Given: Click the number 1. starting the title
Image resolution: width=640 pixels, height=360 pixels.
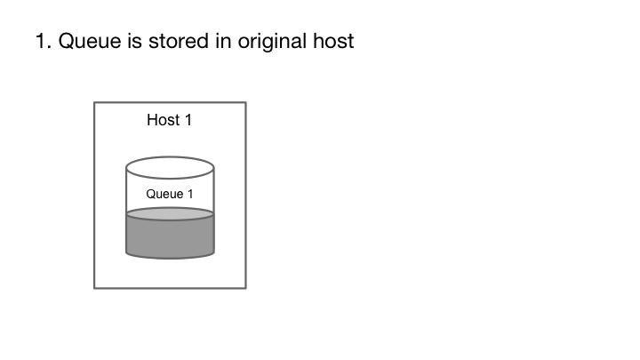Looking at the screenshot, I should pyautogui.click(x=43, y=42).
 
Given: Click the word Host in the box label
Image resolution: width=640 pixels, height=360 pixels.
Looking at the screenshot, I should pyautogui.click(x=164, y=120).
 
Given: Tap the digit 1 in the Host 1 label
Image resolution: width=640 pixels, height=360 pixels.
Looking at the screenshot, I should pyautogui.click(x=188, y=120).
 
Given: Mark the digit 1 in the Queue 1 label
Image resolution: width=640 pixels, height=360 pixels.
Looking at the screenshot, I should pyautogui.click(x=188, y=194).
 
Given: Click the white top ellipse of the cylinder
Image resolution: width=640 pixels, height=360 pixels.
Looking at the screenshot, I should pyautogui.click(x=170, y=166).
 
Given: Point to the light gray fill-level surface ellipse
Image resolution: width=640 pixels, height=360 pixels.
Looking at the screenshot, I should pyautogui.click(x=170, y=213).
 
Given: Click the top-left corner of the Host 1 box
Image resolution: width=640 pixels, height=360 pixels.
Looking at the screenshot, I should pyautogui.click(x=94, y=102).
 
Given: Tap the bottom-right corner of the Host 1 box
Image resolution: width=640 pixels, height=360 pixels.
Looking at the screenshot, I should pyautogui.click(x=245, y=288).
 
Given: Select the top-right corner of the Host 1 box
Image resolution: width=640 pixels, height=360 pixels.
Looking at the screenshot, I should pyautogui.click(x=245, y=102).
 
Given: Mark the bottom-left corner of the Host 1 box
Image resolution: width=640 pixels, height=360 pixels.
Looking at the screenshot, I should pyautogui.click(x=94, y=288).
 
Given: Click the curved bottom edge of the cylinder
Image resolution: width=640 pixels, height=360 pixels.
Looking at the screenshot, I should pyautogui.click(x=170, y=259).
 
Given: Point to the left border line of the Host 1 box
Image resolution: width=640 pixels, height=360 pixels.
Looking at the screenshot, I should pyautogui.click(x=94, y=196).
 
